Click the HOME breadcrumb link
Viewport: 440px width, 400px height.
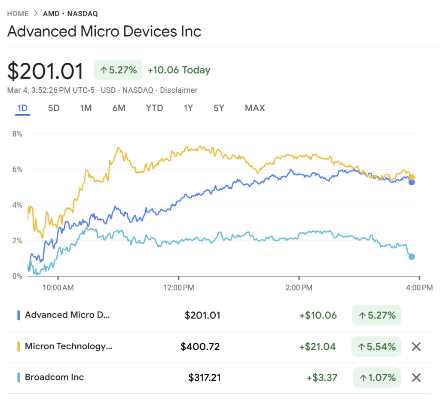[18, 14]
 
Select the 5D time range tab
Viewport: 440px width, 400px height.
[54, 108]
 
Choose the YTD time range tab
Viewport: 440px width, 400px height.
[155, 108]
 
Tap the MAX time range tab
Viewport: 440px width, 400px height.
[255, 108]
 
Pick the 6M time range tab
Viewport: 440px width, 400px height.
[119, 108]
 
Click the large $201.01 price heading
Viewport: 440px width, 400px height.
[46, 71]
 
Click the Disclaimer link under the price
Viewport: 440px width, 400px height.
[178, 90]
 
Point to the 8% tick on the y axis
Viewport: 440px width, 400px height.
[17, 134]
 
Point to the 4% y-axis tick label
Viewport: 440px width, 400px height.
[17, 205]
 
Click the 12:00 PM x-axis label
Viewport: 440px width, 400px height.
[179, 287]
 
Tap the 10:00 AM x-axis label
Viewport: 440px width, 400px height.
[58, 287]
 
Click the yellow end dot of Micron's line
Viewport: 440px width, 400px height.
[412, 177]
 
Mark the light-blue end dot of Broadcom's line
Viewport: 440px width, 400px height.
[412, 257]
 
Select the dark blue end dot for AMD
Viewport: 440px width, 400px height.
[412, 182]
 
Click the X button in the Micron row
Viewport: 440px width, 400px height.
[416, 347]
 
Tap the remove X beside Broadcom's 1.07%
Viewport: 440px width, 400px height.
[416, 378]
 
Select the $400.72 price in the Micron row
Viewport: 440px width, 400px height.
[200, 346]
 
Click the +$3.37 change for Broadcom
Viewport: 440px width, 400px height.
[322, 378]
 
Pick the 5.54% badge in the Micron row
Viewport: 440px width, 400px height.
[376, 347]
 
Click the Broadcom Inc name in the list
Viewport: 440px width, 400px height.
[54, 377]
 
